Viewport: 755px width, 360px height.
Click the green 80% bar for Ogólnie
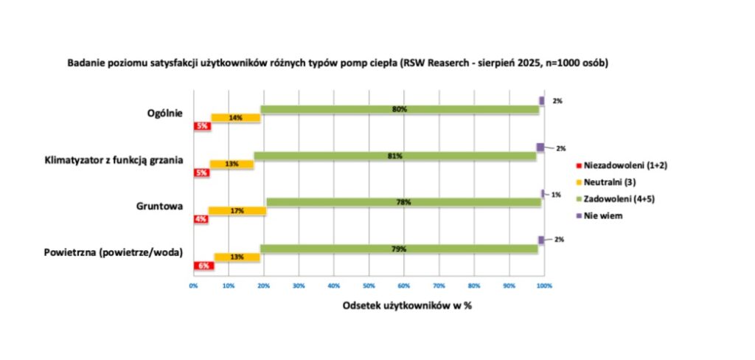[400, 109]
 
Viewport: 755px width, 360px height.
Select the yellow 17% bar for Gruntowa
[237, 211]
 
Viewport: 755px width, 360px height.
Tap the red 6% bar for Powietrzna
[203, 266]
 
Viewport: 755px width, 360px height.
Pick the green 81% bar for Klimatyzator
[395, 156]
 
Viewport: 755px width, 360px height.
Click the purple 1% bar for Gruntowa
[543, 193]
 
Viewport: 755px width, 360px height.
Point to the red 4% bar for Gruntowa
[201, 219]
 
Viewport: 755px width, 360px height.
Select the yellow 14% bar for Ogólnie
[236, 117]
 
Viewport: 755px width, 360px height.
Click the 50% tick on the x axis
[369, 284]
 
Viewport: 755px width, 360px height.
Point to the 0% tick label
[193, 284]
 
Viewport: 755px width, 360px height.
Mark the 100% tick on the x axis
[544, 284]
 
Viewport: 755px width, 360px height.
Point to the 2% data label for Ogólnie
[558, 100]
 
